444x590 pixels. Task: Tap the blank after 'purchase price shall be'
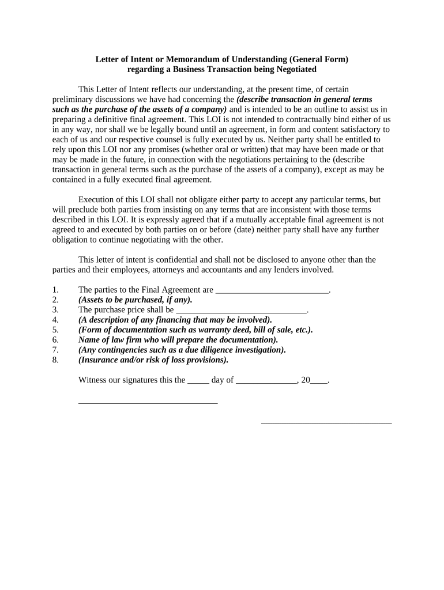click(241, 309)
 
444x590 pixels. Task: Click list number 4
click(55, 320)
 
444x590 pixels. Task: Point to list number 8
click(55, 360)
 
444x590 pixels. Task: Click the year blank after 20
click(319, 380)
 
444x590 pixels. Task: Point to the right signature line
click(326, 423)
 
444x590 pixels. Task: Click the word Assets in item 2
click(94, 300)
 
